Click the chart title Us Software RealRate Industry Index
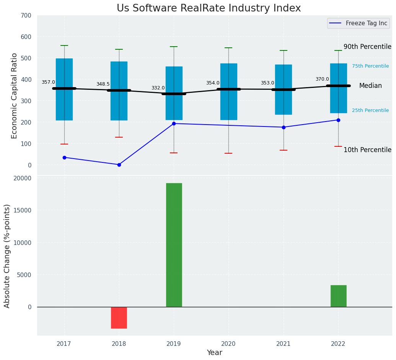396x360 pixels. (209, 8)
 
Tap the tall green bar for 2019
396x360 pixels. (174, 245)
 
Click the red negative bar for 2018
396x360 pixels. (119, 318)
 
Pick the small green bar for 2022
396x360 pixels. (338, 296)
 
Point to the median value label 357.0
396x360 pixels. (48, 82)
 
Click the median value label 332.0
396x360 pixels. (158, 88)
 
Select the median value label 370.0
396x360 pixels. (322, 79)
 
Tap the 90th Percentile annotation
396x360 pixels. (367, 47)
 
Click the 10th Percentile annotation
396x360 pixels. (367, 150)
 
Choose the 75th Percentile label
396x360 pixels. (370, 66)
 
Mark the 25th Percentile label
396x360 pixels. (370, 110)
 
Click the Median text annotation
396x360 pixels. (370, 86)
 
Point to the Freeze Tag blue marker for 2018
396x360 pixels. (119, 165)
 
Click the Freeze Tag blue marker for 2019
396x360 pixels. (174, 123)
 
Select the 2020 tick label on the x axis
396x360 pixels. (228, 344)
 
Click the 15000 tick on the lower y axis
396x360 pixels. (23, 211)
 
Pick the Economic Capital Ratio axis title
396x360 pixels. (15, 96)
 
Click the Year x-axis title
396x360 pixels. (214, 353)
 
